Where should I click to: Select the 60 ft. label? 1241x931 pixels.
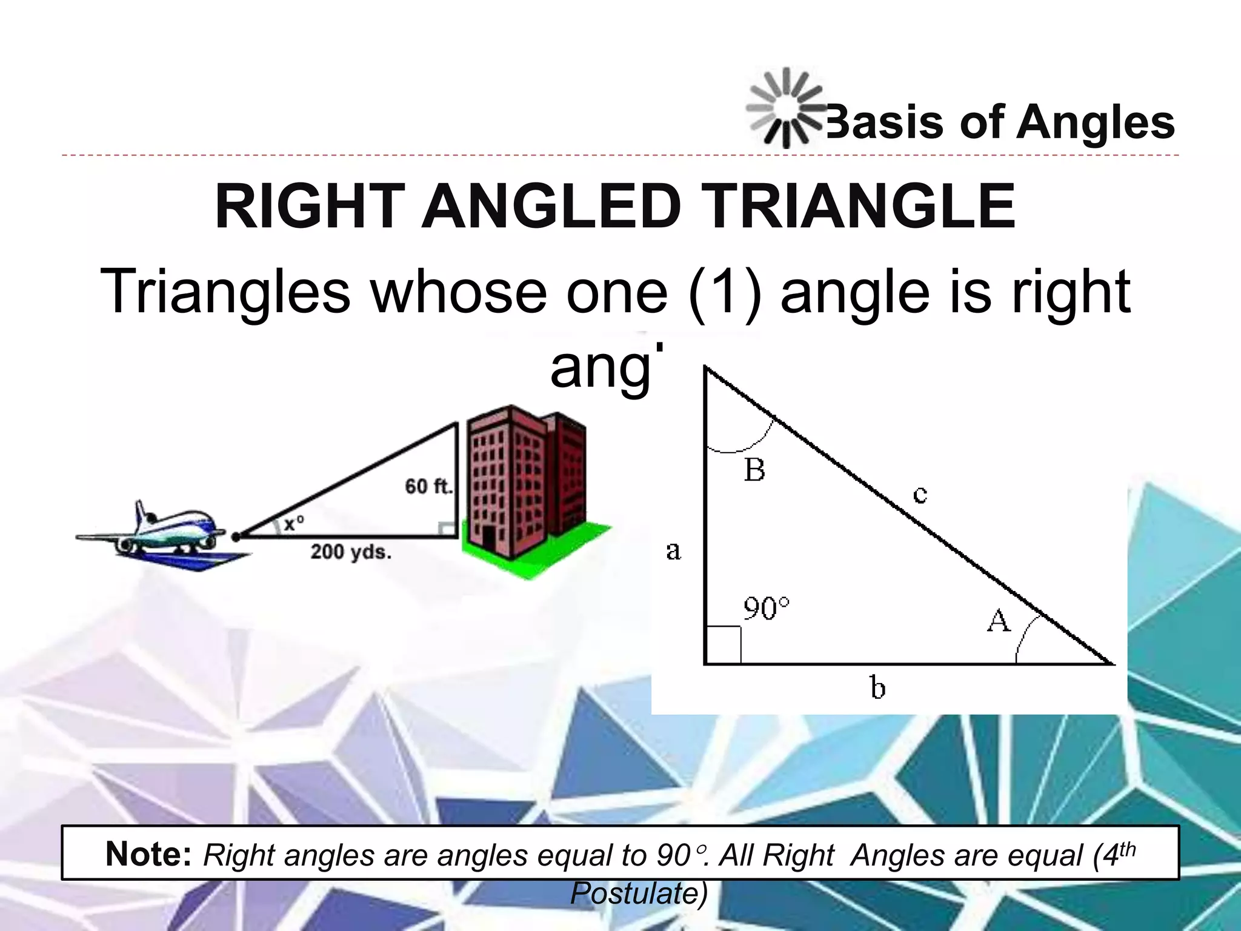pos(428,486)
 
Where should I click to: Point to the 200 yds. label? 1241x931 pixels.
pos(351,552)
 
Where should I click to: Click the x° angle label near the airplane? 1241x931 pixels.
pos(293,522)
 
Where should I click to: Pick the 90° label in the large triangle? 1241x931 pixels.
pos(767,609)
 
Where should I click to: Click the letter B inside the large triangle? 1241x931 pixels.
pos(754,470)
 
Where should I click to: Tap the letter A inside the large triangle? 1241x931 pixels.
pos(999,621)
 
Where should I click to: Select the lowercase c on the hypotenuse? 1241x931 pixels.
pos(920,495)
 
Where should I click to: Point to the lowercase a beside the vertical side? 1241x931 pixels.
pos(673,551)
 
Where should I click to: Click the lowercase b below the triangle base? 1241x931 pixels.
pos(877,688)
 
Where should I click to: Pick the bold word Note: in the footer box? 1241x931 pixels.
pos(148,854)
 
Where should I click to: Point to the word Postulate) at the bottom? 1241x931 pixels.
pos(639,893)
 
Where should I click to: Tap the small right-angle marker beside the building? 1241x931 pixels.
pos(448,529)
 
